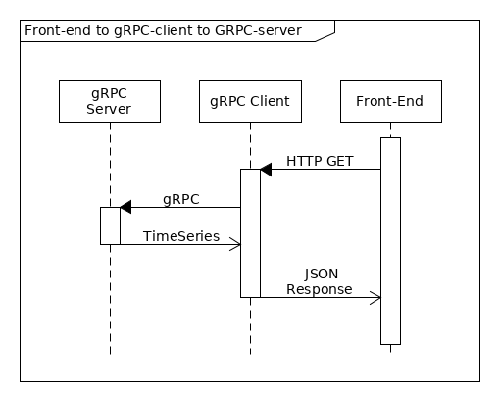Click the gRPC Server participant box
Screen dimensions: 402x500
tap(110, 102)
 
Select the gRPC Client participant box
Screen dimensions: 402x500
tap(250, 102)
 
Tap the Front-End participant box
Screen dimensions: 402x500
tap(390, 102)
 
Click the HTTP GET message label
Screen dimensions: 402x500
tap(320, 160)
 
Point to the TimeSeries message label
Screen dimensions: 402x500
tap(181, 236)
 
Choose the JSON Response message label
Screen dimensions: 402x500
tap(319, 282)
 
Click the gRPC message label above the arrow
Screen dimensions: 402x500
tap(181, 198)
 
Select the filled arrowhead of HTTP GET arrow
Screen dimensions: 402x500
tap(265, 170)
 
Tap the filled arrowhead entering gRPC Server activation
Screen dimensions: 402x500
tap(125, 207)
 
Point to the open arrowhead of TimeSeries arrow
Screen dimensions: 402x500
tap(236, 245)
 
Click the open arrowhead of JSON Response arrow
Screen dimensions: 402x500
tap(375, 297)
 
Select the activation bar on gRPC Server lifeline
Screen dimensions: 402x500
tap(110, 226)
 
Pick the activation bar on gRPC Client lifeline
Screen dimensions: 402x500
tap(250, 232)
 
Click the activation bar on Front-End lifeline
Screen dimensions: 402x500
tap(390, 240)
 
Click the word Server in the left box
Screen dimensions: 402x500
tap(110, 110)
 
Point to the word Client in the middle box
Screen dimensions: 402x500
tap(269, 102)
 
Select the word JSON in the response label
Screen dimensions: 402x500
tap(319, 276)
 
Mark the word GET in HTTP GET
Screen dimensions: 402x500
tap(337, 160)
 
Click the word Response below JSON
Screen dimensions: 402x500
tap(319, 289)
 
